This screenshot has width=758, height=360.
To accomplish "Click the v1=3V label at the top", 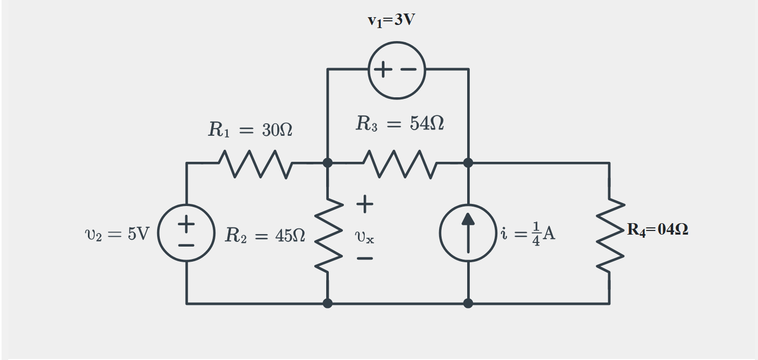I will [x=391, y=20].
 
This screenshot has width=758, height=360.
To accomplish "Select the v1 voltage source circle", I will [x=397, y=70].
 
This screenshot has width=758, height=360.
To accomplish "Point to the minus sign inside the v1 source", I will [x=409, y=70].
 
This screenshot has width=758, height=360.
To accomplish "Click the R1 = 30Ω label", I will [x=250, y=130].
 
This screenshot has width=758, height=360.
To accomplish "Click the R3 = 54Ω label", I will [x=400, y=124].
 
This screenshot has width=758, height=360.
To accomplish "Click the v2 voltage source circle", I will [x=187, y=233].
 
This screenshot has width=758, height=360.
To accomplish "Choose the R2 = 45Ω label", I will [x=265, y=236].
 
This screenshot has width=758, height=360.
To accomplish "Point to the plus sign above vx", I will [x=365, y=204].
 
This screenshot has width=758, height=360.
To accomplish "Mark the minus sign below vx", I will [x=365, y=259].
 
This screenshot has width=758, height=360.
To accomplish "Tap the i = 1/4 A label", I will [x=527, y=234].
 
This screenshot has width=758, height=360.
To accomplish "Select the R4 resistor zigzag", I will [x=609, y=234].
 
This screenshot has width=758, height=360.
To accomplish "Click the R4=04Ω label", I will [x=658, y=230].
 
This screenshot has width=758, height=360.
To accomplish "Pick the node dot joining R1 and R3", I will [x=328, y=163].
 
